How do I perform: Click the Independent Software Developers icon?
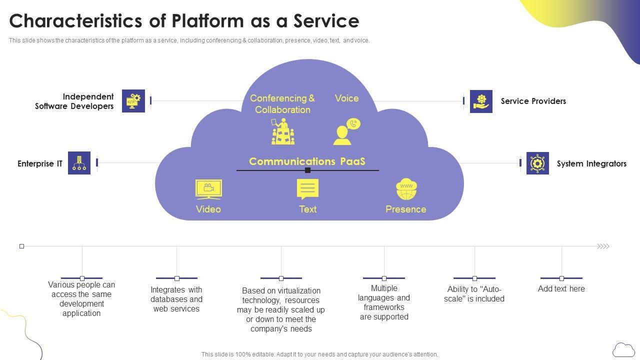pyautogui.click(x=133, y=101)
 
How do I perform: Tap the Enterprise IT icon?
pyautogui.click(x=79, y=163)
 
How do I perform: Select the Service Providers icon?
pyautogui.click(x=481, y=101)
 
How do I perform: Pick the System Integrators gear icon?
pyautogui.click(x=537, y=163)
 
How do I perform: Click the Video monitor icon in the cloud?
pyautogui.click(x=208, y=189)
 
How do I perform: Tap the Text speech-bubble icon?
pyautogui.click(x=307, y=189)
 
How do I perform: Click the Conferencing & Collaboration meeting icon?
pyautogui.click(x=282, y=131)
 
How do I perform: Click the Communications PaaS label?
pyautogui.click(x=307, y=161)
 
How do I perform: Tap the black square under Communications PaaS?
pyautogui.click(x=307, y=170)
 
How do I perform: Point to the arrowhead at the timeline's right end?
pyautogui.click(x=603, y=246)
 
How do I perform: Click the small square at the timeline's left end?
pyautogui.click(x=21, y=246)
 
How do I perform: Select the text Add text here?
pyautogui.click(x=561, y=289)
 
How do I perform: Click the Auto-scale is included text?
pyautogui.click(x=474, y=294)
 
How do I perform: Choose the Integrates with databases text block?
pyautogui.click(x=176, y=299)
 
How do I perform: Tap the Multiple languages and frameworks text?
pyautogui.click(x=383, y=302)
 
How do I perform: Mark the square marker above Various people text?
pyautogui.click(x=82, y=278)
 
